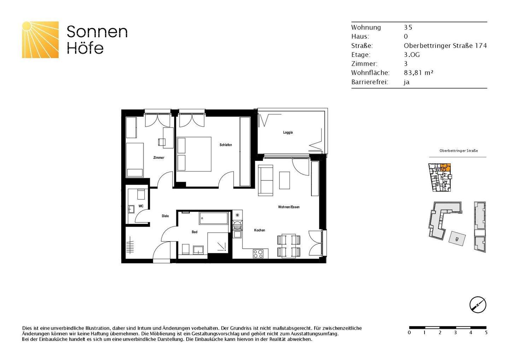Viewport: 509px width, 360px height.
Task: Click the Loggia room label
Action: pos(288,133)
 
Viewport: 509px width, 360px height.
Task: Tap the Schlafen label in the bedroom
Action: pos(226,145)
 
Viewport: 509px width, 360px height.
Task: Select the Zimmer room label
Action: pos(159,158)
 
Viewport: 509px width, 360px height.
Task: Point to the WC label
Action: pos(141,206)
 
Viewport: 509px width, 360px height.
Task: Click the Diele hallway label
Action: pos(165,216)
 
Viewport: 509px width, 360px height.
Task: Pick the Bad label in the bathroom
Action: pos(194,232)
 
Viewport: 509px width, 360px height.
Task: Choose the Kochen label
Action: pos(259,230)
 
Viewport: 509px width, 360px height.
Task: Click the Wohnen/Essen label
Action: pos(289,207)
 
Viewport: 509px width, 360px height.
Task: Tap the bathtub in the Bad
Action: pos(213,218)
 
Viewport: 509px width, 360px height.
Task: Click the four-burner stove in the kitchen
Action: pos(258,254)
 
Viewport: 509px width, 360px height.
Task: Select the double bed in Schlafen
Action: pos(194,154)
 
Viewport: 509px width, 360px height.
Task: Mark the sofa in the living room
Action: pos(266,180)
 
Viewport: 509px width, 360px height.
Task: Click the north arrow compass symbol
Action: pos(478,304)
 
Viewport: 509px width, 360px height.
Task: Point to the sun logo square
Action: pos(40,40)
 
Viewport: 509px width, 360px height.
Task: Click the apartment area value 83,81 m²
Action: pos(419,73)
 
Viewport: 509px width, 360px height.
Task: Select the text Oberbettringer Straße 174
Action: pos(445,46)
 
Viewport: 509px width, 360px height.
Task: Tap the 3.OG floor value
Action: pos(412,55)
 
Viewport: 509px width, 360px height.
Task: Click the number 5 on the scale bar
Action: pos(486,333)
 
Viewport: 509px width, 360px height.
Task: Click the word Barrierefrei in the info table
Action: pos(370,82)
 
